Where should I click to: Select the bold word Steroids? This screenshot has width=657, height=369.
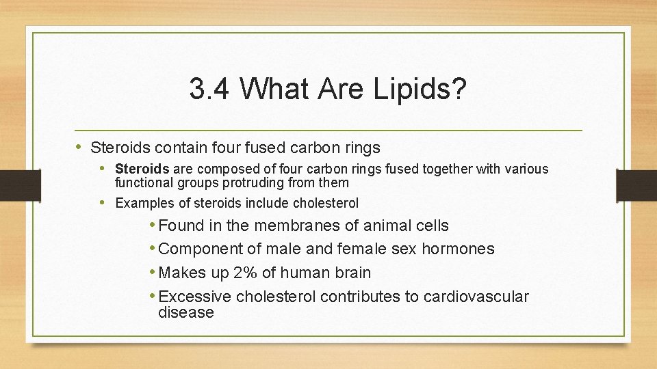coord(142,169)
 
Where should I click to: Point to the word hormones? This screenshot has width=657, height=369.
coord(458,249)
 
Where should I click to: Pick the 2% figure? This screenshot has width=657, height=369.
coord(246,273)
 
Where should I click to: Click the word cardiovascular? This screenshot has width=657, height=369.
coord(476,297)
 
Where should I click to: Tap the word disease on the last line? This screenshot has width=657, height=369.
coord(185,312)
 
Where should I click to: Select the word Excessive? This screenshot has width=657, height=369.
coord(194,297)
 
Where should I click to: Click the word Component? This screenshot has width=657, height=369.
coord(200,249)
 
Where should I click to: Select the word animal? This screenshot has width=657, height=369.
coord(384,225)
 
